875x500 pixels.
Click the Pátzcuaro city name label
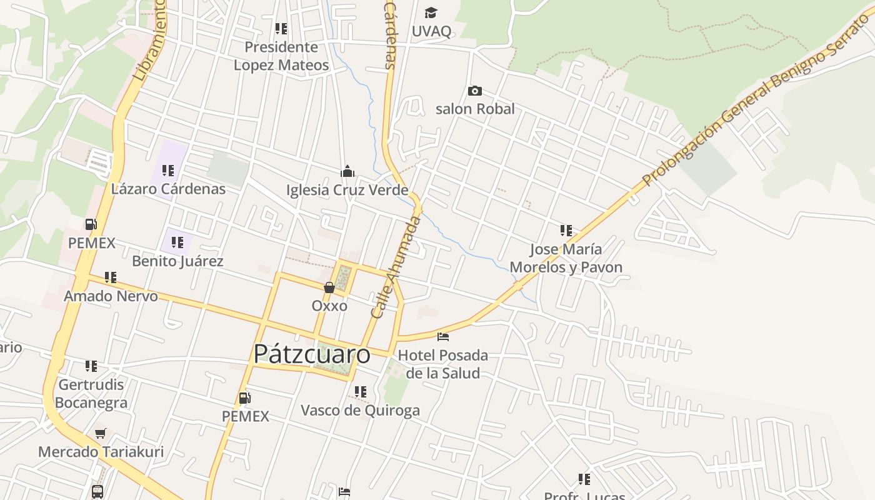[311, 354]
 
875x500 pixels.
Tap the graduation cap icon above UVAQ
[431, 13]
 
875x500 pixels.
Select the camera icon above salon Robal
[475, 91]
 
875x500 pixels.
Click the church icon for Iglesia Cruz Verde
[347, 171]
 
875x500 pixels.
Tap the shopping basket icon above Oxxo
[329, 287]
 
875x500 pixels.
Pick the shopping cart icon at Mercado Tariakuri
[101, 433]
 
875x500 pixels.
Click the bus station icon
[97, 491]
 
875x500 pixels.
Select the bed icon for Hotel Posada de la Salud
[443, 337]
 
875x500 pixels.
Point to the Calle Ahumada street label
[396, 267]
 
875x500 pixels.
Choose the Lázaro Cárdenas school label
[168, 189]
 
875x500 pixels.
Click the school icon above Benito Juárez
[177, 242]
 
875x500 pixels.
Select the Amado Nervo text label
[111, 296]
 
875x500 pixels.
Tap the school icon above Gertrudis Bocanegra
[91, 366]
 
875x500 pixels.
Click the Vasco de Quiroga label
[360, 411]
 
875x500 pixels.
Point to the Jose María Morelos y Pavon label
[566, 258]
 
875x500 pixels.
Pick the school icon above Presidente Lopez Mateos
[281, 29]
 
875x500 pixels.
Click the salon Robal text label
[475, 109]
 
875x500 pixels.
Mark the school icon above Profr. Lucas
[584, 479]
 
